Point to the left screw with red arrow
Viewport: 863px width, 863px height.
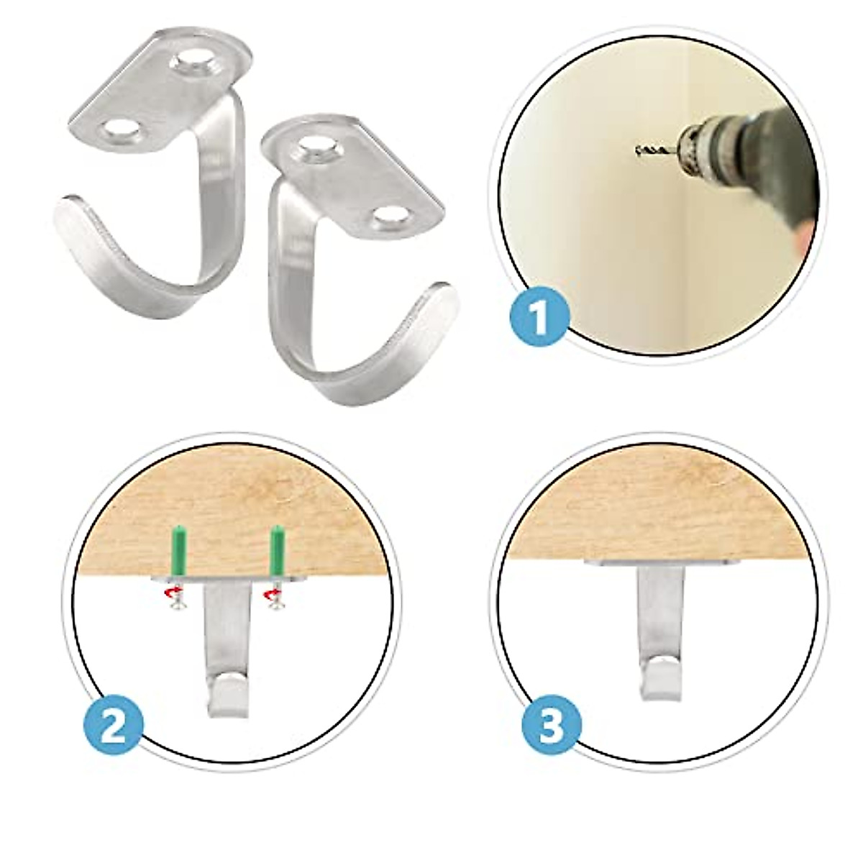click(173, 599)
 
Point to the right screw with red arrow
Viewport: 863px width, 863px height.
click(273, 599)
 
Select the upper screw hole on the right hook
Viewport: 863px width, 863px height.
click(317, 147)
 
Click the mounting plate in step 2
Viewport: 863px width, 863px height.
click(225, 579)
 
